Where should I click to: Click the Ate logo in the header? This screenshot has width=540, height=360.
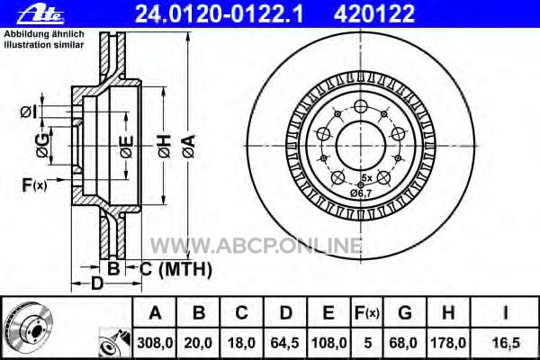40,14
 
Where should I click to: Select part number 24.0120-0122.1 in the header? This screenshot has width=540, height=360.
220,13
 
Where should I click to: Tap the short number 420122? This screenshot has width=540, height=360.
374,13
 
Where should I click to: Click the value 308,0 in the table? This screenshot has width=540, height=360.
155,343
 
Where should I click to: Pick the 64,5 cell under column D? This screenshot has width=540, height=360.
284,343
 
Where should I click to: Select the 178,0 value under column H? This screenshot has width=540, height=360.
448,343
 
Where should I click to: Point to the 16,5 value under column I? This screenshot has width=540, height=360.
506,343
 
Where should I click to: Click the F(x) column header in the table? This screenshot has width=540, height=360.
367,313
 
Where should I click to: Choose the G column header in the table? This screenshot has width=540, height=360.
405,313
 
